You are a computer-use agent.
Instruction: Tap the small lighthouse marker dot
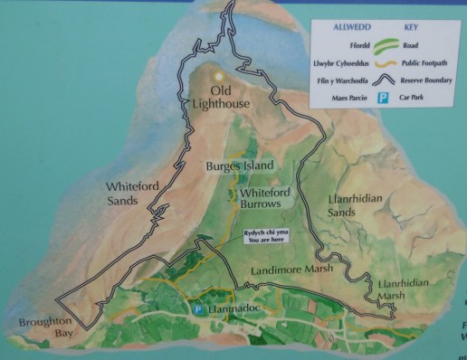click(217, 75)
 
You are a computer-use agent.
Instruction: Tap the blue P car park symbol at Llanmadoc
click(198, 309)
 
